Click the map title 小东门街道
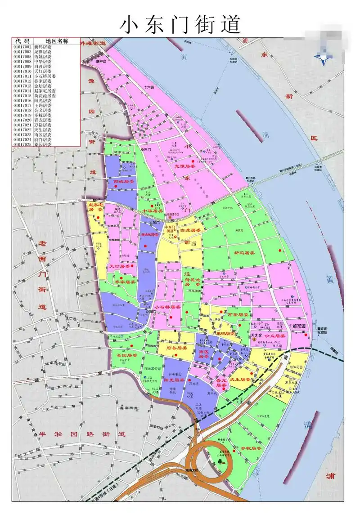pos(180,24)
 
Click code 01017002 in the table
pos(22,47)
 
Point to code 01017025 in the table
pos(22,144)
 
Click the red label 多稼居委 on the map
pos(251,449)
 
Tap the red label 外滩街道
pos(92,44)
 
